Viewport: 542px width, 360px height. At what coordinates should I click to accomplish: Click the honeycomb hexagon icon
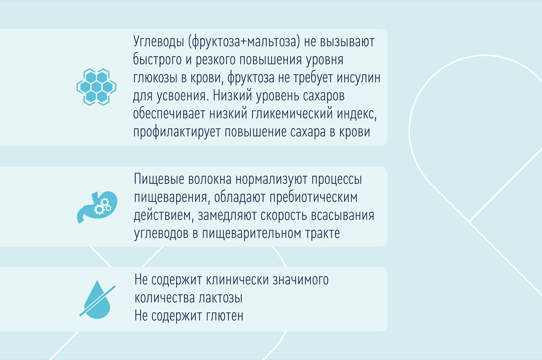96,87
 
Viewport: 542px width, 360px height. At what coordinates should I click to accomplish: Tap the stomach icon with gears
97,207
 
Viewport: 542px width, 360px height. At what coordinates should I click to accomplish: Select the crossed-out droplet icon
97,300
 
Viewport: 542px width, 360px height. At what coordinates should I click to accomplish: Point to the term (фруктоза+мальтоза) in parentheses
244,41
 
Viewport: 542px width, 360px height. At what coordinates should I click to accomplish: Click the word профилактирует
177,132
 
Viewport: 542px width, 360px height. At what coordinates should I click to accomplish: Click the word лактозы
220,298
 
